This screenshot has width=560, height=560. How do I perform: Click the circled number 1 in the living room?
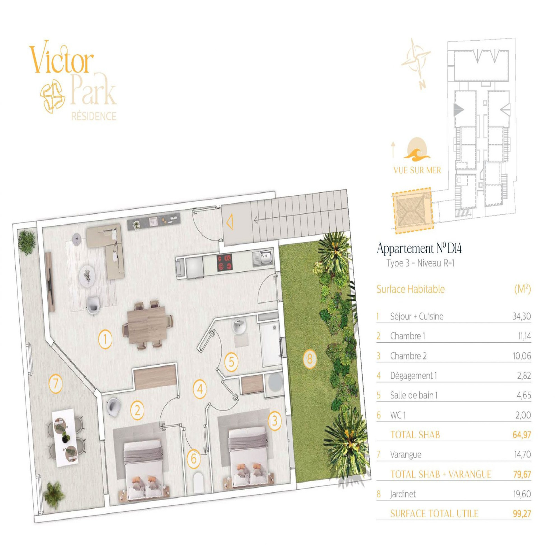[105, 339]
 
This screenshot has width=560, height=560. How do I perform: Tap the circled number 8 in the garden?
[309, 359]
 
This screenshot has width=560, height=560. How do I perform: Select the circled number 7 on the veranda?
[55, 384]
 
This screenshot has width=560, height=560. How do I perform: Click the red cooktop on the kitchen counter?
[225, 262]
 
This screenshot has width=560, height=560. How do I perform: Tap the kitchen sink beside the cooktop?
[262, 257]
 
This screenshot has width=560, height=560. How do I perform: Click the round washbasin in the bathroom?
[239, 326]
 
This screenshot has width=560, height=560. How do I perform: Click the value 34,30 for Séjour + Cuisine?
[521, 316]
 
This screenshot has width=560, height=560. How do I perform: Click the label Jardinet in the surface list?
[403, 494]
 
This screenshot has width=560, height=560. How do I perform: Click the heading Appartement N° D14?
[419, 248]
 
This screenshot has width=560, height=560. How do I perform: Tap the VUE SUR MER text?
[417, 170]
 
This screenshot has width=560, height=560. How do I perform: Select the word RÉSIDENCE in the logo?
[94, 116]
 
